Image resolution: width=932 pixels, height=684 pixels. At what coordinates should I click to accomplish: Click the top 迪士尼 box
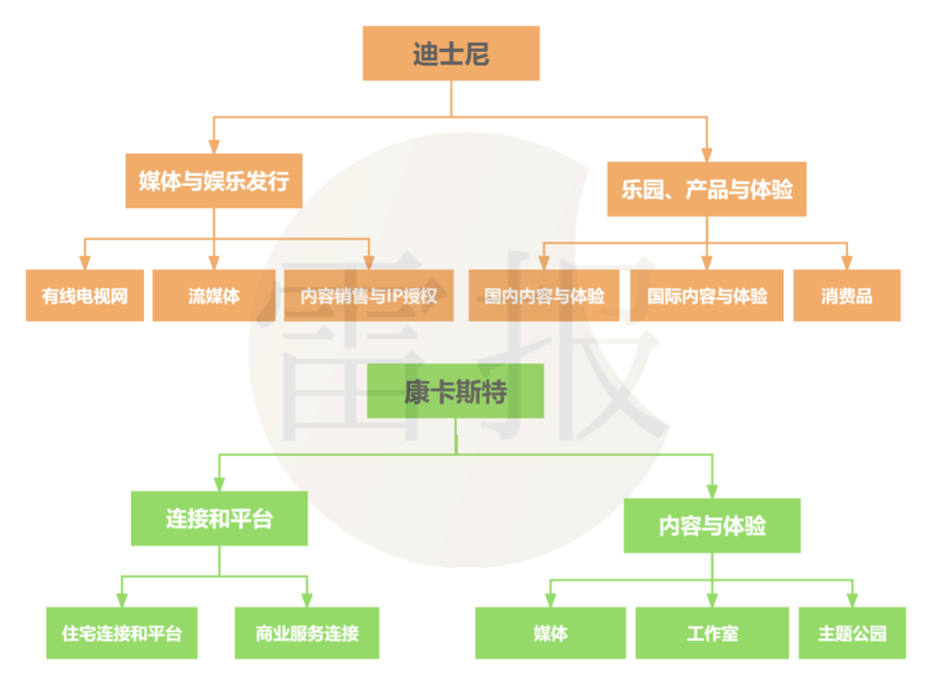tap(450, 54)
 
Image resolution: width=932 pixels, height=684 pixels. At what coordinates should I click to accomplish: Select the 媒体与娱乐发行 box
tap(214, 181)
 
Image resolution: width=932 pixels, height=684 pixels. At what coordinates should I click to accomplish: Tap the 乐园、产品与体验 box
tap(707, 189)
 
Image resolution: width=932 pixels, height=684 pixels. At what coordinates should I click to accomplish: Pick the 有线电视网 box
tap(85, 296)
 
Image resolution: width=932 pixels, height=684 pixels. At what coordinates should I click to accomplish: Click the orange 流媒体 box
tap(214, 296)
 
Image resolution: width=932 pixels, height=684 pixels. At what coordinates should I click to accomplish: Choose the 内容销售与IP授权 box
tap(369, 296)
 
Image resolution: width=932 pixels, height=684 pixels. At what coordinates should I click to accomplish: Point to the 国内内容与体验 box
tap(545, 296)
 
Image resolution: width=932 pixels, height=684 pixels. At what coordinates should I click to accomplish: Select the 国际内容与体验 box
tap(708, 296)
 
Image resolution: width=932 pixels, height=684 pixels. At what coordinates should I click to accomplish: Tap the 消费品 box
tap(847, 296)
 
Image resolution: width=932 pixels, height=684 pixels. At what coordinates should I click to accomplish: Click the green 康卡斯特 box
tap(456, 391)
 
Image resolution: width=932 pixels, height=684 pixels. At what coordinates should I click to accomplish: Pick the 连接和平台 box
tap(219, 518)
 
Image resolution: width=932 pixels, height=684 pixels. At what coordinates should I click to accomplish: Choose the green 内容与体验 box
tap(712, 525)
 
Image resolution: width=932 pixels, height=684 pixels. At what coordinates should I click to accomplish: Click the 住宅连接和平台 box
tap(122, 633)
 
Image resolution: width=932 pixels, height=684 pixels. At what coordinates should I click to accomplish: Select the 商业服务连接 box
tap(306, 633)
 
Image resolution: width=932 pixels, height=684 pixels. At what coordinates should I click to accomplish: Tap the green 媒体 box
tap(551, 633)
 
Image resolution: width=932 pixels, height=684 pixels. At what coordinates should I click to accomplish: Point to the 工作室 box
tap(712, 633)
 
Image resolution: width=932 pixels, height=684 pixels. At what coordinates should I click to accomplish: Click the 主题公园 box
tap(852, 633)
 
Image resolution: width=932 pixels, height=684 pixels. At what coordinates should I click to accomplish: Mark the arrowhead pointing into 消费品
tap(847, 263)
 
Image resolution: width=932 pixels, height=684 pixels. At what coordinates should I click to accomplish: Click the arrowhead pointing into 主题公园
tap(852, 599)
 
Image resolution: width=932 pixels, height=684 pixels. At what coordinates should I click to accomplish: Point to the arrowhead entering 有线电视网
tap(85, 263)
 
